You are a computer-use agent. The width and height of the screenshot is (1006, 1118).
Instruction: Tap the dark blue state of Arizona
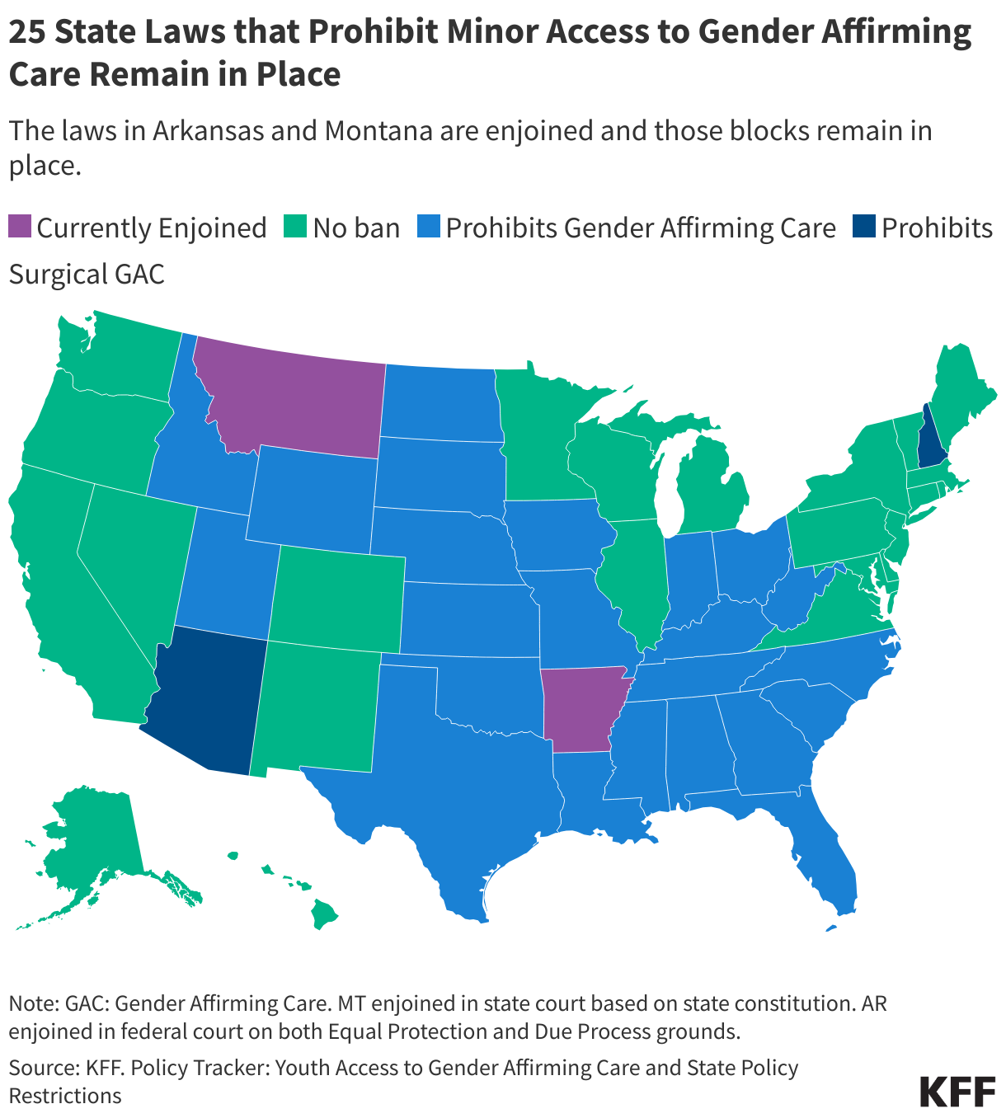point(206,701)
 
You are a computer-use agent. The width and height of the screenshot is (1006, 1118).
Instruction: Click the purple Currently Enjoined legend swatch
point(20,227)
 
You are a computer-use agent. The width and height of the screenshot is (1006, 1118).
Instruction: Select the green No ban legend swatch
point(296,227)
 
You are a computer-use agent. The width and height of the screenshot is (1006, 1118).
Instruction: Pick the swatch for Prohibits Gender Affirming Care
point(429,227)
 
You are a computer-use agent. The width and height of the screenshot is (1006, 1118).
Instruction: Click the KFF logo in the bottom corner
point(957,1090)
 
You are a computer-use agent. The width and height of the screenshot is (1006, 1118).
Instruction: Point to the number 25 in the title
point(28,33)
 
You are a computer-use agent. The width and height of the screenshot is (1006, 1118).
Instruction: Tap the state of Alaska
point(91,841)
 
